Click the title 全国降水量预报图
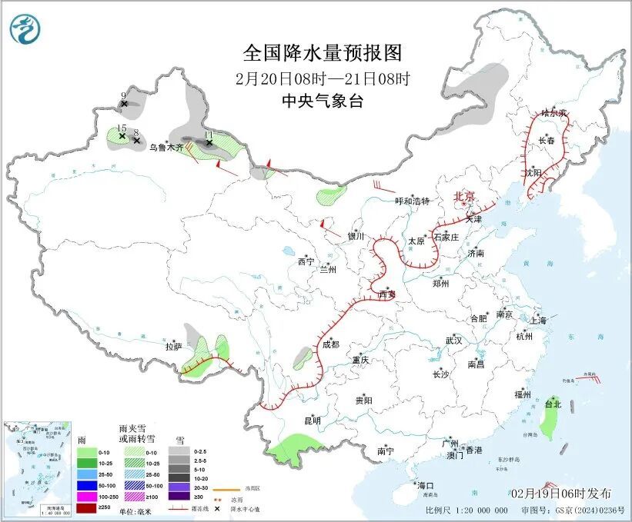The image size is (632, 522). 323,53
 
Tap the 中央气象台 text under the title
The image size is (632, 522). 322,101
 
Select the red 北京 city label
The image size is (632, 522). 466,196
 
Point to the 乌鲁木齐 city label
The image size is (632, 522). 166,146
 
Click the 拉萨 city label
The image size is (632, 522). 173,347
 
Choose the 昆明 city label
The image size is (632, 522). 312,420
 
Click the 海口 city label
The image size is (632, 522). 426,486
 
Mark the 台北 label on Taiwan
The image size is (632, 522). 553,404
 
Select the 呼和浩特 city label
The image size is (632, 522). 412,201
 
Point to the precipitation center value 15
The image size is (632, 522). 121,128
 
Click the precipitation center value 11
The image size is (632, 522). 208,135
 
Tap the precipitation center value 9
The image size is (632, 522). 123,95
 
